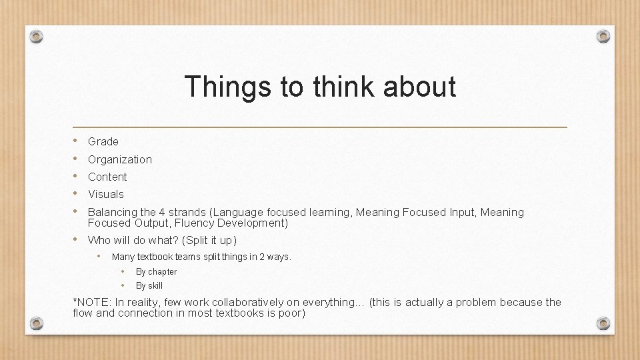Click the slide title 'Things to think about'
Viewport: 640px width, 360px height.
(320, 87)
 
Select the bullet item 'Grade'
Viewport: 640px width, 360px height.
(103, 141)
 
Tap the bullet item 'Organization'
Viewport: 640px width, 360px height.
(120, 159)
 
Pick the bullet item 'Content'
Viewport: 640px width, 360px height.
(107, 177)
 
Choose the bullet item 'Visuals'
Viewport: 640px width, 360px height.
(106, 194)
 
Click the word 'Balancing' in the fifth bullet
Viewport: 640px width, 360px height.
(112, 212)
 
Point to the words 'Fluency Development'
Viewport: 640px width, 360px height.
(231, 223)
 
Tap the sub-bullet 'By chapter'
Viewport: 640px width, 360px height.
(156, 271)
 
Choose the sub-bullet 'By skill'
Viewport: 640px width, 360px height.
(149, 285)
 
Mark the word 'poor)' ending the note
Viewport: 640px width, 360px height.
(291, 313)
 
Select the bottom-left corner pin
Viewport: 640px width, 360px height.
(37, 323)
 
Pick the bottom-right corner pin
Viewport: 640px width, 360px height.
(603, 323)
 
